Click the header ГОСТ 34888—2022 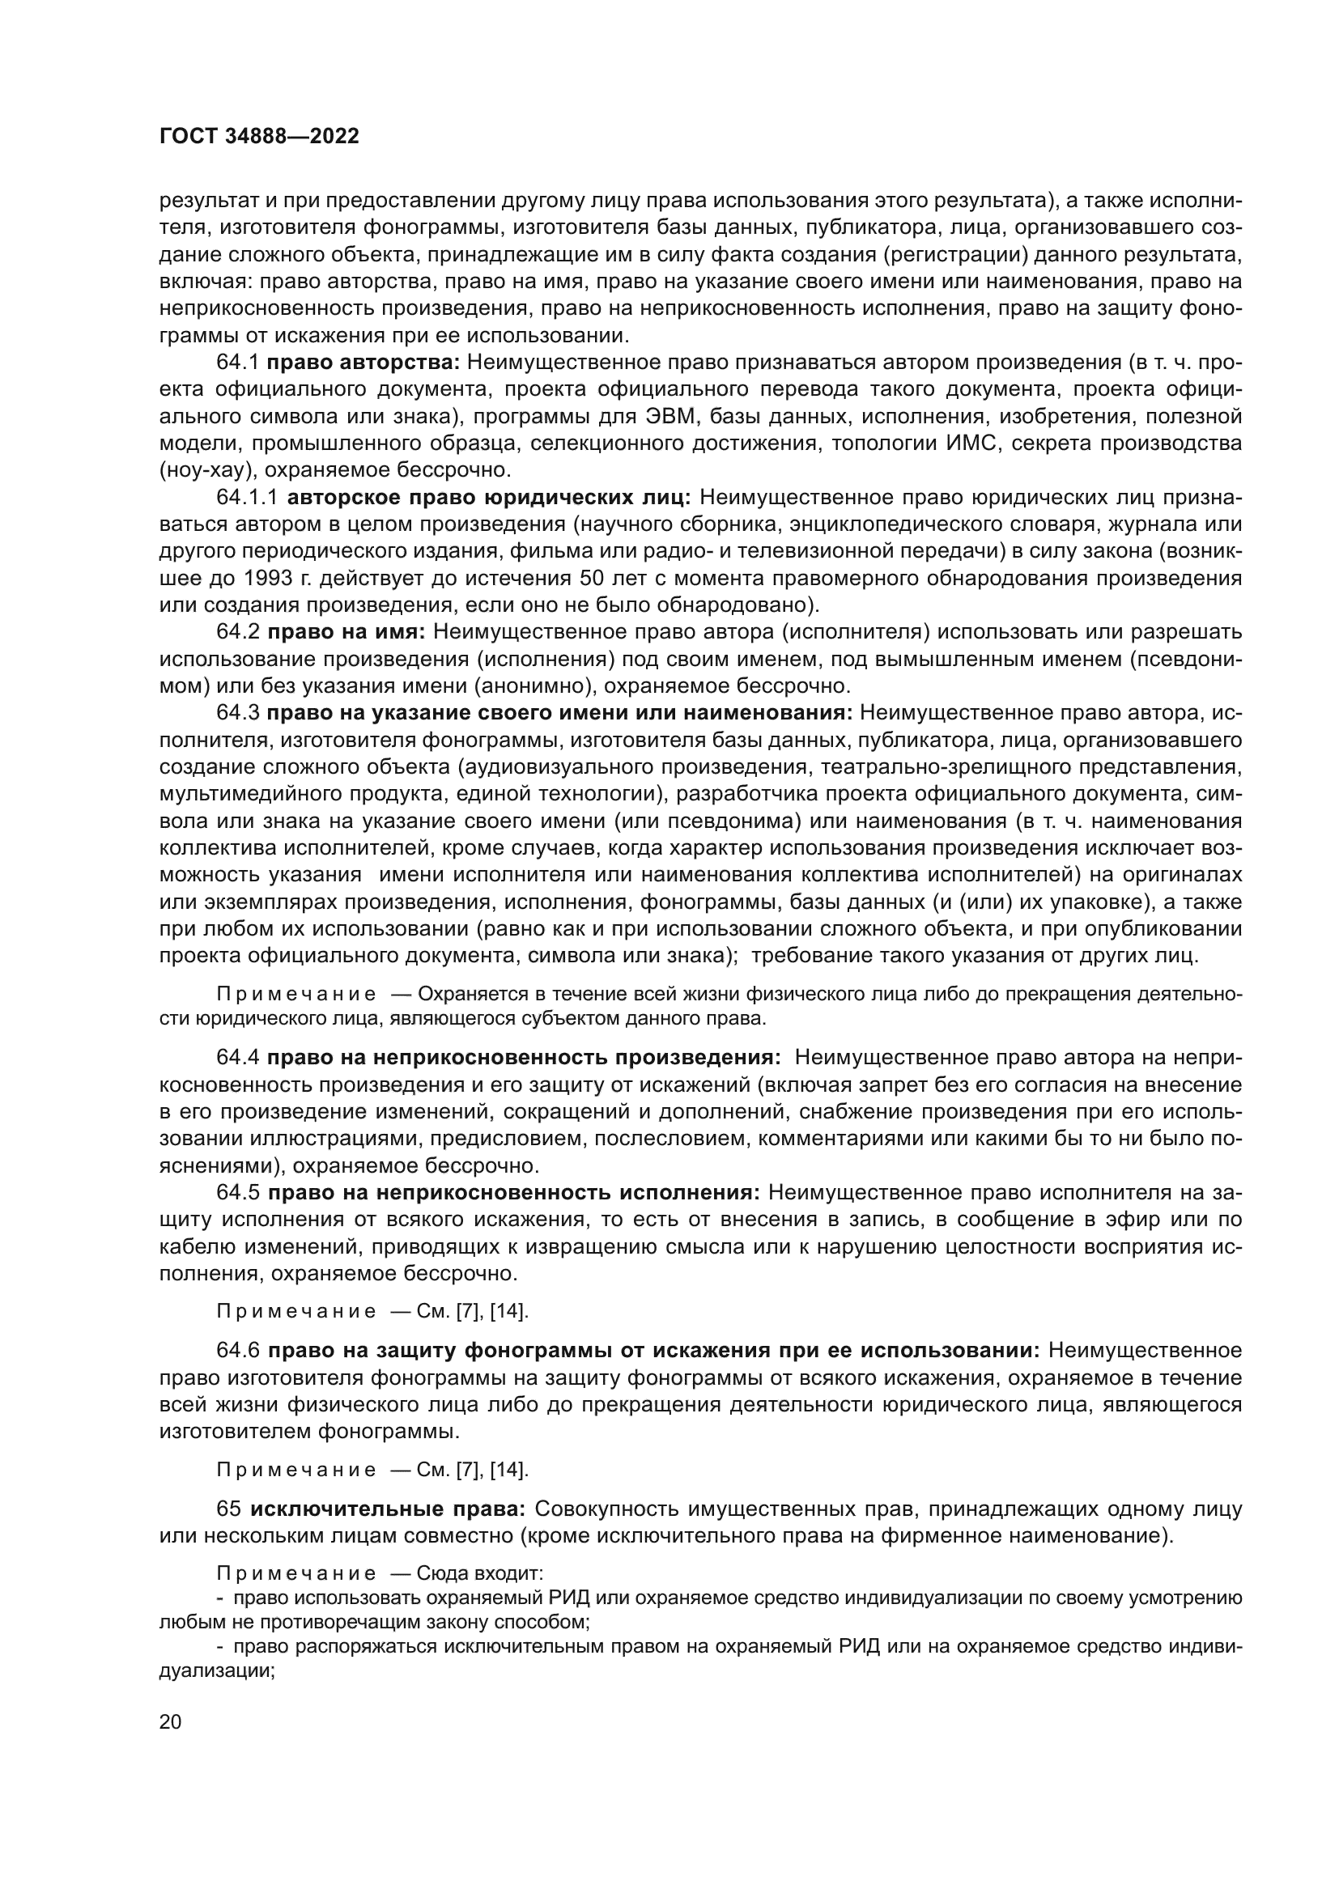coord(259,137)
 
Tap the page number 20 coord(170,1722)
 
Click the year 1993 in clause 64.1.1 coord(269,578)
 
